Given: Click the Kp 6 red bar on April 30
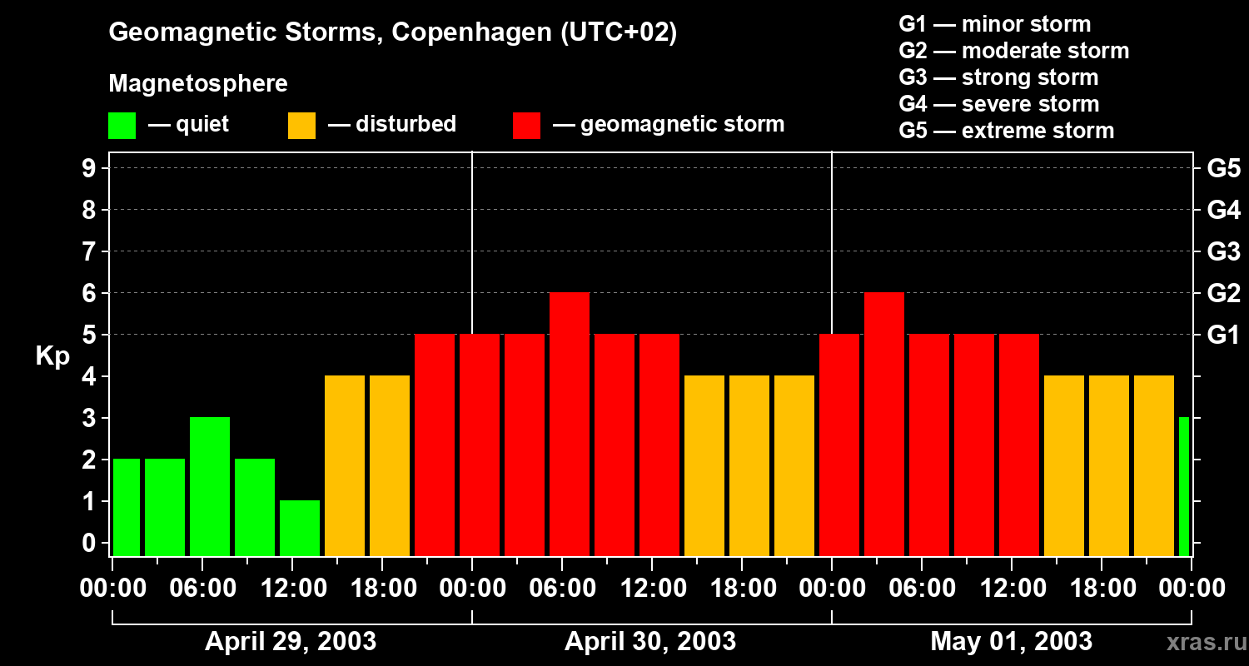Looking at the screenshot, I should tap(570, 425).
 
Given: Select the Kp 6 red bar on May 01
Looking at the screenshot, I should tap(884, 425).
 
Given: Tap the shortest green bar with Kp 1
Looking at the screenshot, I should tap(300, 529).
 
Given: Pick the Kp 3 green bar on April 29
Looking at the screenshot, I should tap(210, 487).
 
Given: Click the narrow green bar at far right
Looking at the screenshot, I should tap(1184, 487).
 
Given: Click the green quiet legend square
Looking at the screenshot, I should tap(122, 126).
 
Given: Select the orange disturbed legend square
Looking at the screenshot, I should tap(301, 126).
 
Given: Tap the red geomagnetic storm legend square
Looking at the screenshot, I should tap(526, 126).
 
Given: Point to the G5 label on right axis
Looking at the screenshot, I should tap(1223, 168).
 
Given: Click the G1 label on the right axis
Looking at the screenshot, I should tap(1223, 335).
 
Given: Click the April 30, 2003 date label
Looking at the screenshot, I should tap(650, 641).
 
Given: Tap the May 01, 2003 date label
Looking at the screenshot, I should tap(1011, 641).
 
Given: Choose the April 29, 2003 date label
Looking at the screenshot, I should tap(291, 641).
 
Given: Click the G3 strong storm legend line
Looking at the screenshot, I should tap(998, 77).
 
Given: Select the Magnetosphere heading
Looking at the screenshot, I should tap(198, 84).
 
